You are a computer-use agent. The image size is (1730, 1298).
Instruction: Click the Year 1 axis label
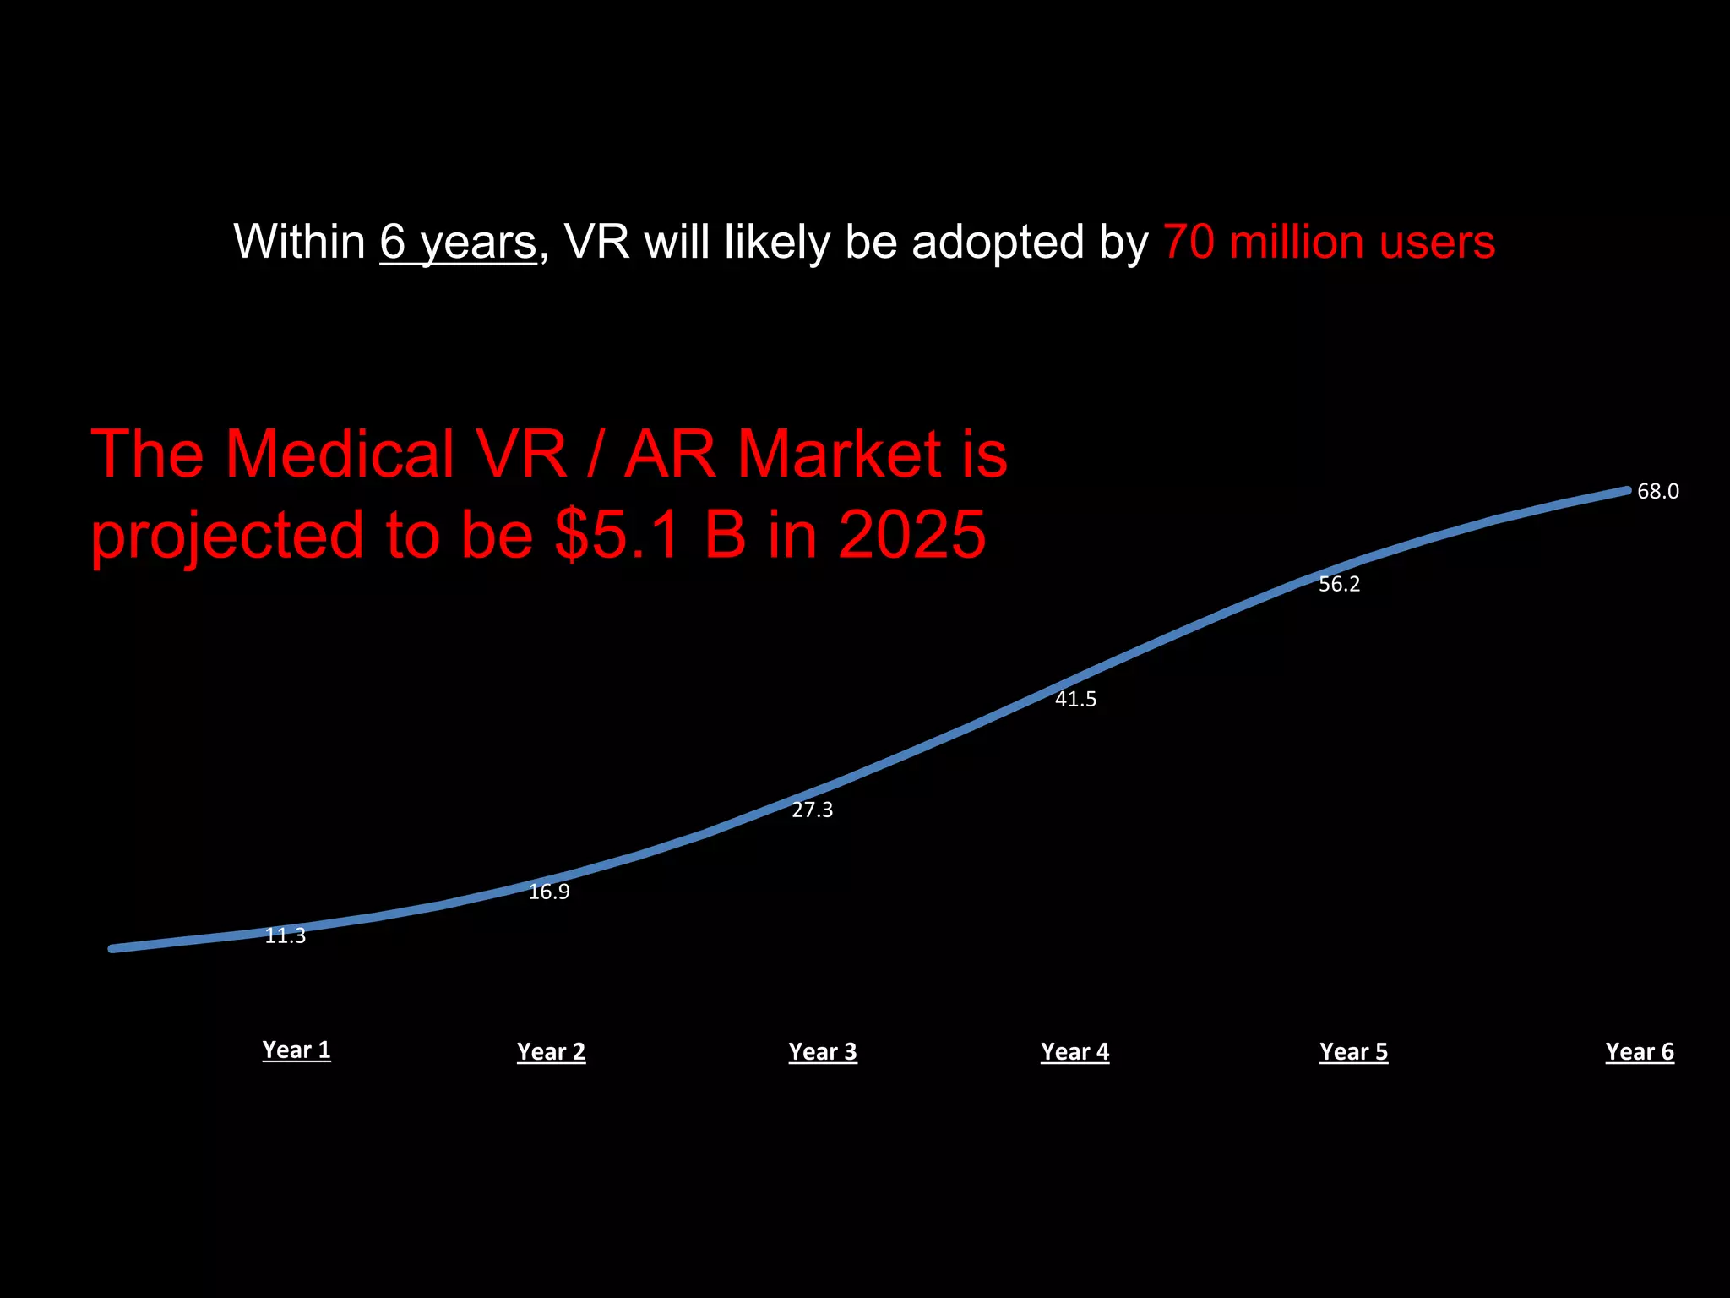(296, 1050)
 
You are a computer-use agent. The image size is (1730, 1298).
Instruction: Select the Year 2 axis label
(551, 1051)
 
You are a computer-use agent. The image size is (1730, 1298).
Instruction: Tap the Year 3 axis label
(822, 1051)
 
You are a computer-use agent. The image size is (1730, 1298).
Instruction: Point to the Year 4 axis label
(1074, 1051)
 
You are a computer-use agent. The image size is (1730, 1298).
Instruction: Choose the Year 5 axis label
(1353, 1051)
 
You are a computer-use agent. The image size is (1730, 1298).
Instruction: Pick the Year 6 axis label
(1639, 1051)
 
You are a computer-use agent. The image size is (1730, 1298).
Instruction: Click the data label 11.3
(286, 936)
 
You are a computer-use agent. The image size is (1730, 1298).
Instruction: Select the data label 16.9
(549, 892)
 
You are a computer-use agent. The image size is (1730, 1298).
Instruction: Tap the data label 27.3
(812, 810)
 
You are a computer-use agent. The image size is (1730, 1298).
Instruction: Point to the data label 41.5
(1075, 699)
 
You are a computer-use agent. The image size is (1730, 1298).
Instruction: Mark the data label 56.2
(1339, 584)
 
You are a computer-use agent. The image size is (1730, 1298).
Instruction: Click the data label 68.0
(1657, 491)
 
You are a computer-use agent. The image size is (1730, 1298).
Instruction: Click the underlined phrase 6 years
(458, 243)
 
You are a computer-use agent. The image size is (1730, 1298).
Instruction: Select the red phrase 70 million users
(1329, 243)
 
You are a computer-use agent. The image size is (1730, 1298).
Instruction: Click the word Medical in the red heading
(340, 454)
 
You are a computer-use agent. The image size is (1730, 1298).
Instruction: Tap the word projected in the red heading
(227, 536)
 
